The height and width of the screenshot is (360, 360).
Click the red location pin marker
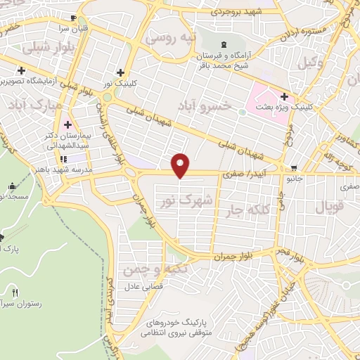pyautogui.click(x=181, y=165)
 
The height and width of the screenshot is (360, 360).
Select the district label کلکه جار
pyautogui.click(x=244, y=209)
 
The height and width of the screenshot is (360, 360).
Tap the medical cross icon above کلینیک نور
pyautogui.click(x=120, y=72)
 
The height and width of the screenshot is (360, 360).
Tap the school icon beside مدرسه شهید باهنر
pyautogui.click(x=64, y=159)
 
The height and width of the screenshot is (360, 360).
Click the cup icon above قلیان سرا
pyautogui.click(x=74, y=18)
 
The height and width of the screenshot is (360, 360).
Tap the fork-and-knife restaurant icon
pyautogui.click(x=15, y=292)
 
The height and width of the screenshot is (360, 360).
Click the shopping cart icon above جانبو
pyautogui.click(x=292, y=167)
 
